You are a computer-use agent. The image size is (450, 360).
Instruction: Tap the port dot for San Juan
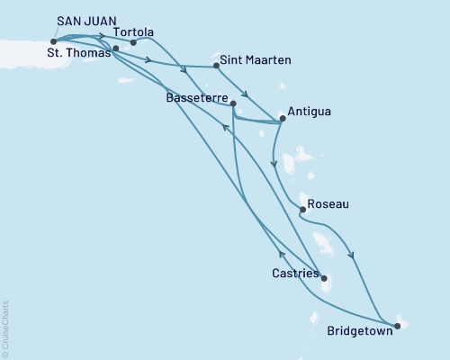point(54,40)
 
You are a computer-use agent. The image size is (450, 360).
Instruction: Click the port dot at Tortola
point(133,41)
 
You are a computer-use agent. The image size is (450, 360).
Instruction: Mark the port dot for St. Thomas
point(115,48)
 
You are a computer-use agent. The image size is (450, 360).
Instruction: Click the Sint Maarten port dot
point(217,65)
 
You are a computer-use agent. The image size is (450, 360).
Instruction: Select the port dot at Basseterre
point(233,103)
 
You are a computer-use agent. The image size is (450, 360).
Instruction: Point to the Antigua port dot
point(283,117)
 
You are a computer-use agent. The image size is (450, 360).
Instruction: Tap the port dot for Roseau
point(301,210)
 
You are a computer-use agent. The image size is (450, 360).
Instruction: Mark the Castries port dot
point(324,278)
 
